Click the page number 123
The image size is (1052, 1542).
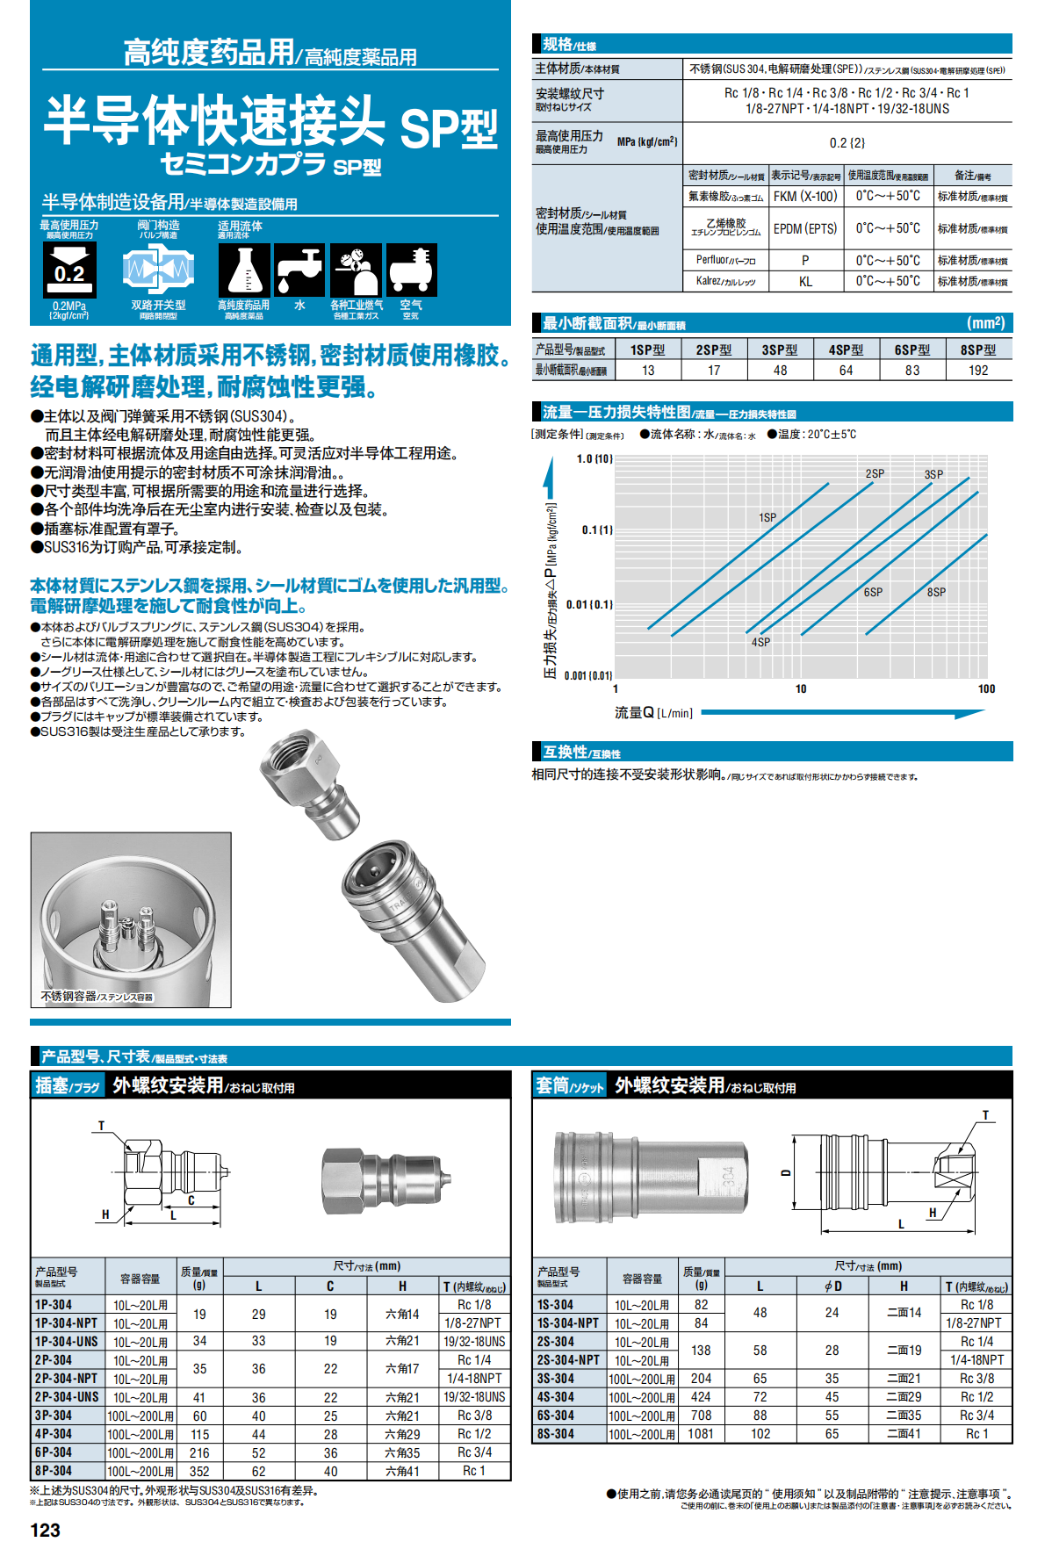pos(45,1530)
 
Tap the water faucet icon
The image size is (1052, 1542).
pos(299,270)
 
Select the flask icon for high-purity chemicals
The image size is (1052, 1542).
pos(243,270)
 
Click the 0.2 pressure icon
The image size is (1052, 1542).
pos(69,270)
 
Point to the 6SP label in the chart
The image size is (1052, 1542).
pos(873,592)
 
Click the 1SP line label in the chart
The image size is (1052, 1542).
pos(767,517)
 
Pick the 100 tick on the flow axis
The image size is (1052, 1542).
pos(986,688)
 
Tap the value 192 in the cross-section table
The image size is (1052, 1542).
pos(978,371)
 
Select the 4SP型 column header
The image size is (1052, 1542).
pos(846,349)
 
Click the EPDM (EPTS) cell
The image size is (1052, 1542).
pos(805,228)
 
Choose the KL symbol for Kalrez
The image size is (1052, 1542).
pos(805,282)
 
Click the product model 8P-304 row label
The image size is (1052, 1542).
pos(54,1471)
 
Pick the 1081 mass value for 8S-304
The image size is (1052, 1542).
pos(700,1434)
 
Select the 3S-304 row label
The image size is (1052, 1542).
pos(556,1379)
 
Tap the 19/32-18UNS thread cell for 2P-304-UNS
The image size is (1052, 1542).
pos(474,1397)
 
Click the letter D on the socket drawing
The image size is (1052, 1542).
pos(786,1172)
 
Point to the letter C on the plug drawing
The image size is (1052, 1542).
pos(191,1200)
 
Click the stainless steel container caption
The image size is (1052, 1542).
pos(97,997)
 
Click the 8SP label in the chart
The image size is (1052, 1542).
pos(937,592)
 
